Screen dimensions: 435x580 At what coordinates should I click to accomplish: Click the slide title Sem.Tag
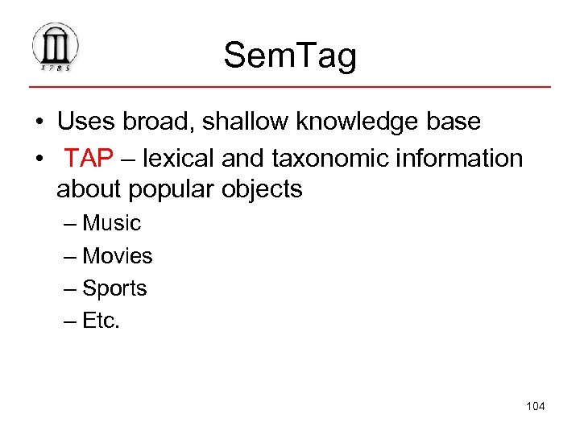pyautogui.click(x=290, y=55)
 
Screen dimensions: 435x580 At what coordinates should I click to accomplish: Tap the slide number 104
pyautogui.click(x=535, y=406)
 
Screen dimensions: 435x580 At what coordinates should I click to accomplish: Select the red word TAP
pyautogui.click(x=89, y=159)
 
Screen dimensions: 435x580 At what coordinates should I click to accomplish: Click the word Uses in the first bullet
pyautogui.click(x=84, y=122)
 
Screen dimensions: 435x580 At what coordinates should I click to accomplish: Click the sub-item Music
pyautogui.click(x=112, y=223)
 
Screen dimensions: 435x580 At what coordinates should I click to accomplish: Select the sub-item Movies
pyautogui.click(x=118, y=256)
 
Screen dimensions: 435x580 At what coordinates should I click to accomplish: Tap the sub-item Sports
pyautogui.click(x=115, y=288)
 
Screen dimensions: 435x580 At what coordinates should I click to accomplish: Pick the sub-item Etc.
pyautogui.click(x=101, y=321)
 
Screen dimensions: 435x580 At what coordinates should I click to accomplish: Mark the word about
pyautogui.click(x=86, y=189)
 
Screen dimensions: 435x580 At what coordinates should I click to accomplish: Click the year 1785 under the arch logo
pyautogui.click(x=56, y=68)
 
